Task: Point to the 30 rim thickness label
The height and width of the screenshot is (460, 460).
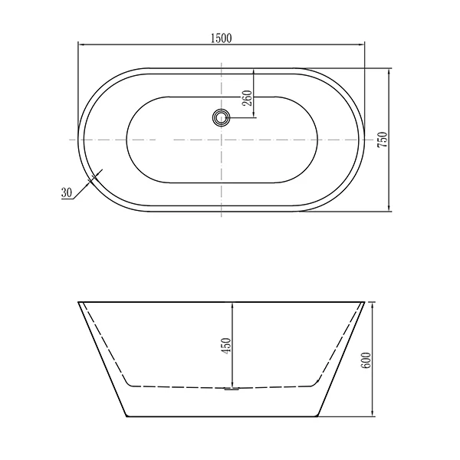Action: point(66,193)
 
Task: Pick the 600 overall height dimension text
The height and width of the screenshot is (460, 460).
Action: point(366,360)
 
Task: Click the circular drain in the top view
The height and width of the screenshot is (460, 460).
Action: point(222,117)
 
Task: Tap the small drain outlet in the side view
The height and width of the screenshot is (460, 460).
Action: point(232,389)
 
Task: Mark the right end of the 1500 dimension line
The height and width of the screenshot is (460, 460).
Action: point(364,45)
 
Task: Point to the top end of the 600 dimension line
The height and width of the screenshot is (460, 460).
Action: point(373,302)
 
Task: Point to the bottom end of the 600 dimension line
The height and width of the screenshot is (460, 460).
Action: point(373,417)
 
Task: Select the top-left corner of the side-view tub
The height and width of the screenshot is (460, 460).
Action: point(79,302)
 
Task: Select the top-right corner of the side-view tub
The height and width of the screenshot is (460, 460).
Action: point(364,302)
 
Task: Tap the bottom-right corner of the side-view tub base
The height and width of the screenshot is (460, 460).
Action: point(317,417)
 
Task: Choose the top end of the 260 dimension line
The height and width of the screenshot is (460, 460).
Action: point(253,69)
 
